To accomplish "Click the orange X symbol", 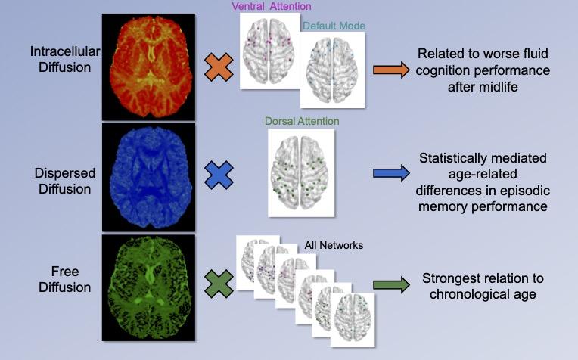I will click(x=219, y=67).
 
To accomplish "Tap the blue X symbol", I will click(x=219, y=175).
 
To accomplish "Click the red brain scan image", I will click(x=153, y=66).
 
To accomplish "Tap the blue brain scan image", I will click(x=153, y=176).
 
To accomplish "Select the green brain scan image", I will click(x=153, y=286).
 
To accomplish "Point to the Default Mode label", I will click(x=334, y=26).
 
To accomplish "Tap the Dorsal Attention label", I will click(x=302, y=121).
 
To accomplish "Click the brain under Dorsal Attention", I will click(x=301, y=172).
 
